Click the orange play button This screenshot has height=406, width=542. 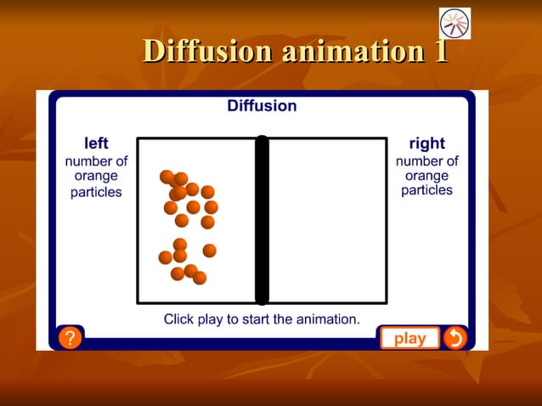point(409,338)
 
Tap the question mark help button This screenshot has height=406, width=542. point(70,338)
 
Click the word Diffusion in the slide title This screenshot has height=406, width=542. point(207,50)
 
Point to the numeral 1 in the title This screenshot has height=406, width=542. point(440,50)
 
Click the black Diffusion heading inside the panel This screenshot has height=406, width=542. point(262,106)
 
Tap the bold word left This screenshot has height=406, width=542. point(96,144)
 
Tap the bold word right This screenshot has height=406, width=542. point(426,144)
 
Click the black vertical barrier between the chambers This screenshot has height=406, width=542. point(262,220)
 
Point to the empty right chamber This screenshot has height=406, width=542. point(327,220)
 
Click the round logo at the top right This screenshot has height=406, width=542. point(454,23)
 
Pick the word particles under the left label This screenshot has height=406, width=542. point(96,192)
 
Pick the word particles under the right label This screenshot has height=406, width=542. point(426,190)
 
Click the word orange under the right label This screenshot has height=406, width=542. point(426,176)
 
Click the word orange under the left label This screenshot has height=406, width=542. point(96,177)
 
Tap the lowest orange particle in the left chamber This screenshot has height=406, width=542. point(200,278)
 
